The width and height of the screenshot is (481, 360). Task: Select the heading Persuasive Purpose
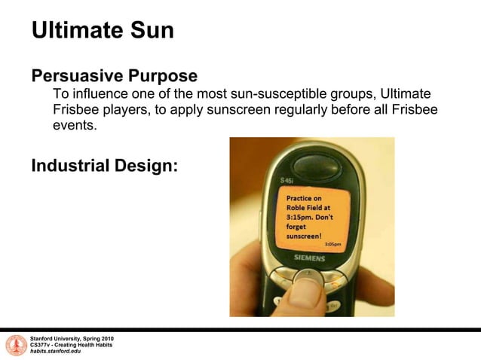pyautogui.click(x=114, y=76)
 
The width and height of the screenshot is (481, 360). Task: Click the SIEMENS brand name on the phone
pyautogui.click(x=309, y=258)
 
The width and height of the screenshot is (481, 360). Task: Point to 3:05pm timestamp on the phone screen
pyautogui.click(x=332, y=244)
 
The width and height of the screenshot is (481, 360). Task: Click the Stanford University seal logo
pyautogui.click(x=15, y=345)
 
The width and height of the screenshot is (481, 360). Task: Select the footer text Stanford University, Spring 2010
pyautogui.click(x=72, y=339)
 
